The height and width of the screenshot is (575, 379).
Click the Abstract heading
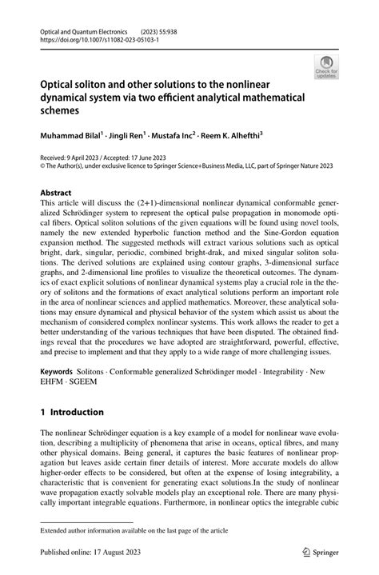(x=56, y=193)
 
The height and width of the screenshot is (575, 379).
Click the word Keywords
(x=58, y=373)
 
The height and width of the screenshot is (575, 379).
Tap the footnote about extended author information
(x=130, y=529)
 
